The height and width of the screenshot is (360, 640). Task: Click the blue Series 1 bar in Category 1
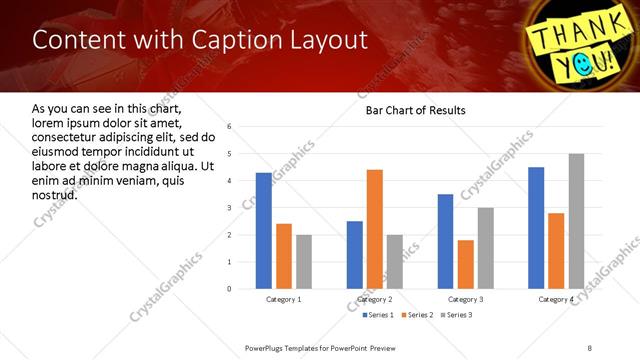tap(264, 231)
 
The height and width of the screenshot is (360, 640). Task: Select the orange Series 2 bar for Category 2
tap(375, 229)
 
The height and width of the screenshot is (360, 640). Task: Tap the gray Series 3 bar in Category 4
tap(576, 221)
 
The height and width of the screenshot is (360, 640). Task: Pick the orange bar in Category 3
tap(466, 264)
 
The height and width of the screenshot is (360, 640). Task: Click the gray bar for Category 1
tap(304, 262)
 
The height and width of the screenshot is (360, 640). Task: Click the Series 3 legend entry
tap(455, 315)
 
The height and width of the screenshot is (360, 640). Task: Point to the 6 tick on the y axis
tap(230, 127)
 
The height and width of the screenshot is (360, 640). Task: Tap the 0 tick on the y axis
tap(230, 289)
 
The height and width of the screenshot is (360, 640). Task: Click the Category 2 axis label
tap(375, 299)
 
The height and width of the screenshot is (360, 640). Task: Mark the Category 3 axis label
tap(466, 299)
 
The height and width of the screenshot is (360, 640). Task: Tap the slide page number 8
tap(589, 347)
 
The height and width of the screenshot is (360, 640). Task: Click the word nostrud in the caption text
tap(55, 194)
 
